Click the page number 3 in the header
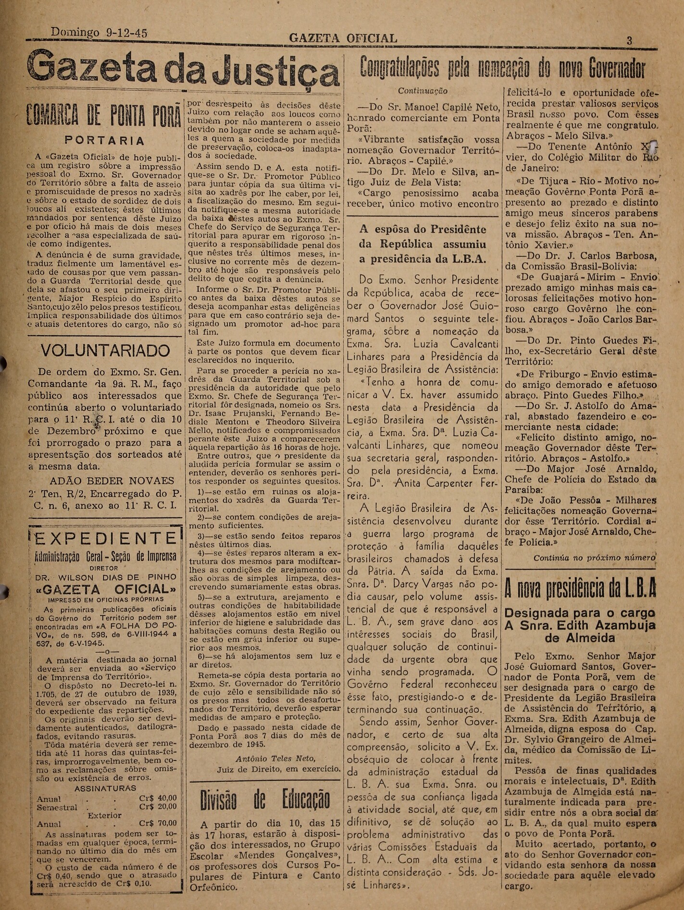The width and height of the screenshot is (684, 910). click(629, 41)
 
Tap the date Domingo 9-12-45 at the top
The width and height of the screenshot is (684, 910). click(99, 32)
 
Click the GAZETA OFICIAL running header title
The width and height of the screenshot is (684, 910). click(343, 38)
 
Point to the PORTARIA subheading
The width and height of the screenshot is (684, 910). click(105, 141)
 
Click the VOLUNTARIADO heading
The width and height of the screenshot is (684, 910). click(105, 351)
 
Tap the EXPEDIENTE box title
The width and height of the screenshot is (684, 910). click(105, 538)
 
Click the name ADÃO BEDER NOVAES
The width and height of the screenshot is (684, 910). click(112, 481)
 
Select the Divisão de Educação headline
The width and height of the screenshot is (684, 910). click(265, 799)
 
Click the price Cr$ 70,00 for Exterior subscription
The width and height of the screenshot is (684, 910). click(158, 824)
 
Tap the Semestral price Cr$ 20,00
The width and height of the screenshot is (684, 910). click(158, 807)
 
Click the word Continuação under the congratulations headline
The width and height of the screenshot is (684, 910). click(423, 91)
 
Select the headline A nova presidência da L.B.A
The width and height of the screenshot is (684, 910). click(580, 589)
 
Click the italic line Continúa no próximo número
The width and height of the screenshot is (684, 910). click(595, 558)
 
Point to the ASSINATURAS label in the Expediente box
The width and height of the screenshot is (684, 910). click(105, 789)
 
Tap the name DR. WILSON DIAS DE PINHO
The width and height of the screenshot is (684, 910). click(106, 577)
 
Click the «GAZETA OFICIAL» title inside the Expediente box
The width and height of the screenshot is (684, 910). click(106, 589)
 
